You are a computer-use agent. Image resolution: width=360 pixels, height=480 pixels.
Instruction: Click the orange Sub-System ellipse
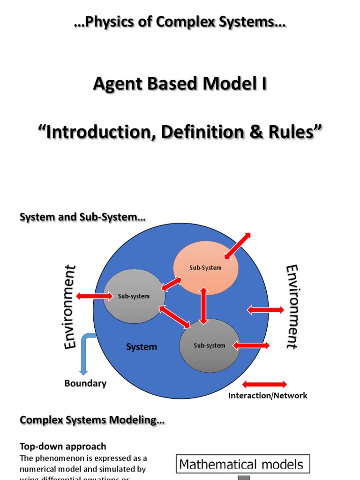206,268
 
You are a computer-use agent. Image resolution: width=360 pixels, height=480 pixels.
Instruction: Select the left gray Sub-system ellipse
134,296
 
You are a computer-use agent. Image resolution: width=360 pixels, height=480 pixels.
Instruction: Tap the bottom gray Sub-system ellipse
210,345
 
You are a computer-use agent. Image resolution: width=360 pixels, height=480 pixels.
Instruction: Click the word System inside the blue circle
142,347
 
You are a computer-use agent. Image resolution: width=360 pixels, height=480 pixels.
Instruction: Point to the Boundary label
85,383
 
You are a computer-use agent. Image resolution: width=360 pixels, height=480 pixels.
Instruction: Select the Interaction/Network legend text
268,396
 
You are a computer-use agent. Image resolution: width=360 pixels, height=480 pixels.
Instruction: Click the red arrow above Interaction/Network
264,384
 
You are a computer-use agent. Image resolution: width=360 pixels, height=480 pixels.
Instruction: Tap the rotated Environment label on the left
70,307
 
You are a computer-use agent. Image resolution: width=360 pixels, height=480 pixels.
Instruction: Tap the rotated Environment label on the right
292,307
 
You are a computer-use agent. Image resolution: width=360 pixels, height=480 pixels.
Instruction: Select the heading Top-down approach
62,446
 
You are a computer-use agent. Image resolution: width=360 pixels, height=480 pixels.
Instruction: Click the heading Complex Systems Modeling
92,420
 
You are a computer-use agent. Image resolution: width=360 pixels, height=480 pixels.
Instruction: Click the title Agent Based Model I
180,83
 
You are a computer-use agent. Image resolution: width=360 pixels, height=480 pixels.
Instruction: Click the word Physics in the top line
113,22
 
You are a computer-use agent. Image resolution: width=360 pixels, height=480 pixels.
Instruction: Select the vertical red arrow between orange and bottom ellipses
203,306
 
